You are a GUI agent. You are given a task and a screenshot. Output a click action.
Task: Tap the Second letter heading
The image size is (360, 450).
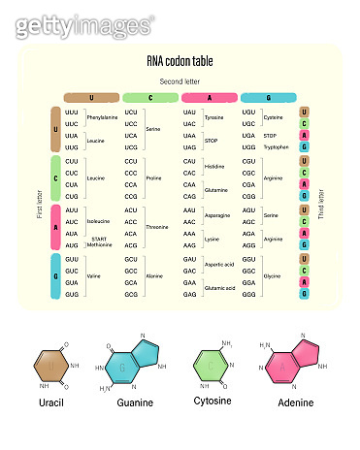click(x=180, y=81)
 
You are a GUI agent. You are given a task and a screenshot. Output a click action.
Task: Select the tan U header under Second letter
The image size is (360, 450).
click(x=90, y=98)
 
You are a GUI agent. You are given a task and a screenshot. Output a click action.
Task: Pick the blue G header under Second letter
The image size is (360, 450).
click(x=268, y=98)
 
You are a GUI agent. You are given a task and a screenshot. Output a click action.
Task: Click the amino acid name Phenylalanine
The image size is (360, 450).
click(x=102, y=117)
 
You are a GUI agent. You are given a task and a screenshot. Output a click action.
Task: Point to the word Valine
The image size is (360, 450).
click(x=94, y=275)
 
